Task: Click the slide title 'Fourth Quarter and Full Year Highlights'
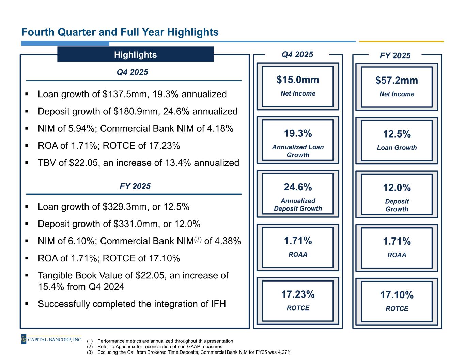coord(120,32)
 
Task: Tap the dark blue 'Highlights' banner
coord(135,55)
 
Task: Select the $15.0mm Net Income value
coord(298,80)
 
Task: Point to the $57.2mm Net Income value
coord(397,81)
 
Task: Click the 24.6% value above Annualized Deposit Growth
coord(298,187)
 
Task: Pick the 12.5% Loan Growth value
coord(397,134)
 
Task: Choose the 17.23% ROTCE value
coord(298,294)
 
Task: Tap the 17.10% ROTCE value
coord(397,295)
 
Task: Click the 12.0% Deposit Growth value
coord(397,188)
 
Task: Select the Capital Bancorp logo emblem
coord(24,339)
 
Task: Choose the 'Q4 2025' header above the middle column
coord(298,55)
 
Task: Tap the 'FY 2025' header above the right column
coord(395,56)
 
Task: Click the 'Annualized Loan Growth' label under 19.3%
coord(298,151)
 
